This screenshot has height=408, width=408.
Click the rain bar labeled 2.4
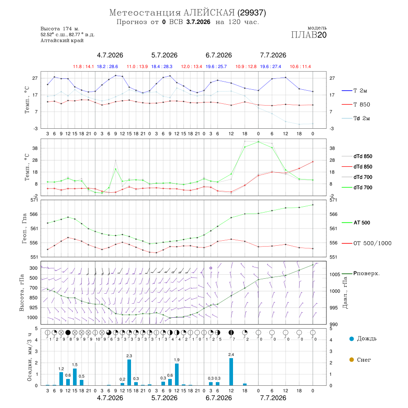coord(231,372)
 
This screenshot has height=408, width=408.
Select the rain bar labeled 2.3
coord(129,372)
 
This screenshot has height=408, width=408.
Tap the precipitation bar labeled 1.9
coord(177,374)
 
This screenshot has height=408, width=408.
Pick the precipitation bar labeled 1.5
coord(75,377)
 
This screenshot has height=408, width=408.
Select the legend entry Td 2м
coord(356,118)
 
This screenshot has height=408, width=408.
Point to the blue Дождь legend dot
coord(351,339)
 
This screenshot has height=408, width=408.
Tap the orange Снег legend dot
coord(351,359)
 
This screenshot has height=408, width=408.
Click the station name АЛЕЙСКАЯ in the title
coord(209,13)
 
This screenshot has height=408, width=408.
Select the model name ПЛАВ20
coord(309,35)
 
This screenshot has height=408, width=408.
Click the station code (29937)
coord(252,13)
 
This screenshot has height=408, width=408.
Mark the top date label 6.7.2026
coord(219,55)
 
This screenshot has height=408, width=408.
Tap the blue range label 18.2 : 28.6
coord(107,67)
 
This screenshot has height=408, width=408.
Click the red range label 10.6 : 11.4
coord(300,67)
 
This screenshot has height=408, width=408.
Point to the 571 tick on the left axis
coord(34,200)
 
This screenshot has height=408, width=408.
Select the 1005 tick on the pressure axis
coord(335,274)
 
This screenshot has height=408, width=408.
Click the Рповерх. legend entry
coord(361,273)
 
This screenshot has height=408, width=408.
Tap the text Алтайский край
coord(62,40)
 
